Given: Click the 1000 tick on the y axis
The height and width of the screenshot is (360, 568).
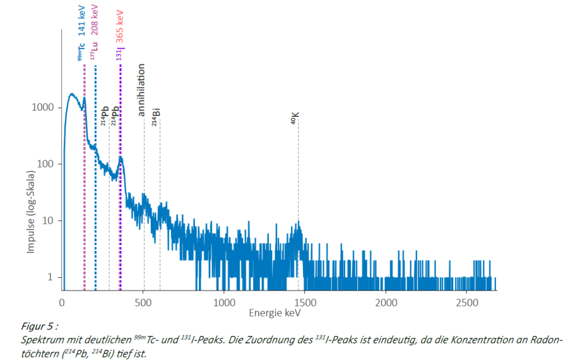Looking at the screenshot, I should pyautogui.click(x=46, y=108).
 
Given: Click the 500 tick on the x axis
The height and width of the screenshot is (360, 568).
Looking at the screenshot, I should pyautogui.click(x=143, y=302).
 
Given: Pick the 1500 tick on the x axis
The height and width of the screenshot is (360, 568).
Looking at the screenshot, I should pyautogui.click(x=304, y=302).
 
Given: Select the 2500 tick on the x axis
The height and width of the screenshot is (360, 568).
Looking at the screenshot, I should pyautogui.click(x=466, y=302).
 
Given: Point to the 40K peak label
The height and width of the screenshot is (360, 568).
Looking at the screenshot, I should pyautogui.click(x=295, y=118).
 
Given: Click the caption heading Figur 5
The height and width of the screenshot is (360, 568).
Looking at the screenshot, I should pyautogui.click(x=38, y=327).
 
